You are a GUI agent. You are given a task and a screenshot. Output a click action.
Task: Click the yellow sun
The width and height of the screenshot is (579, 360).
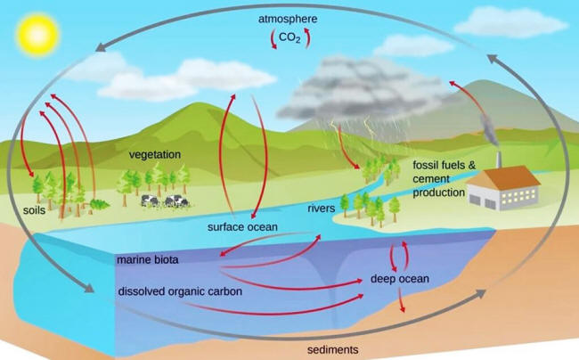(x=37, y=35)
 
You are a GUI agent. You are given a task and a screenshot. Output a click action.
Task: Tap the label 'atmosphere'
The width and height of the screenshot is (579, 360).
(x=288, y=19)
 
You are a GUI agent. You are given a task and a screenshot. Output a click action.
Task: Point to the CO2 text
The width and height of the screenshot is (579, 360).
(x=289, y=37)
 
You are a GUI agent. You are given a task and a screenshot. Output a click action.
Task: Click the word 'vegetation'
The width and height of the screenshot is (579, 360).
(x=155, y=155)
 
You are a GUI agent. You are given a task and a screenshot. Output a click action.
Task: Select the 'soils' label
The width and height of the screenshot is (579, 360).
(x=35, y=210)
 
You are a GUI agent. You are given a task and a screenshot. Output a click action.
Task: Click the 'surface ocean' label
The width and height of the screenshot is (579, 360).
(x=242, y=226)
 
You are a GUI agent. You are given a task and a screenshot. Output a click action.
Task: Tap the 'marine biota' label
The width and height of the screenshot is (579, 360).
(x=148, y=259)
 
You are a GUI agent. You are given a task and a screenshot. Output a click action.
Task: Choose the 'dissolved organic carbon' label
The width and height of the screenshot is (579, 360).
(x=180, y=291)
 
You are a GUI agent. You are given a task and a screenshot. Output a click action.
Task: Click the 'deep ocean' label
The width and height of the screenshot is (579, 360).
(x=400, y=279)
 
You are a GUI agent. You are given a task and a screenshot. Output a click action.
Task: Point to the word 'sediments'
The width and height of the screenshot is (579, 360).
(x=333, y=349)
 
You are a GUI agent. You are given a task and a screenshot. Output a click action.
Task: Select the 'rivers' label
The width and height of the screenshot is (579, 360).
(x=322, y=209)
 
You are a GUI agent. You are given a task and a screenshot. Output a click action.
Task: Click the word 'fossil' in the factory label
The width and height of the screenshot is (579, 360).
(x=428, y=165)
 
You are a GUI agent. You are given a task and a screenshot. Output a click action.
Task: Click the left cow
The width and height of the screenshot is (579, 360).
(x=150, y=200)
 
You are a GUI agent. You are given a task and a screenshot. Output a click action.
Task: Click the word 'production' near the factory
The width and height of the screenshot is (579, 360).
(x=438, y=192)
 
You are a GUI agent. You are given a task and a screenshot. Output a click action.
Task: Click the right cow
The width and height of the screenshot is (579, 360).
(x=176, y=201)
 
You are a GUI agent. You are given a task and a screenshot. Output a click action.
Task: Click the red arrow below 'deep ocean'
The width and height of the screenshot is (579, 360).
(x=401, y=299)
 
